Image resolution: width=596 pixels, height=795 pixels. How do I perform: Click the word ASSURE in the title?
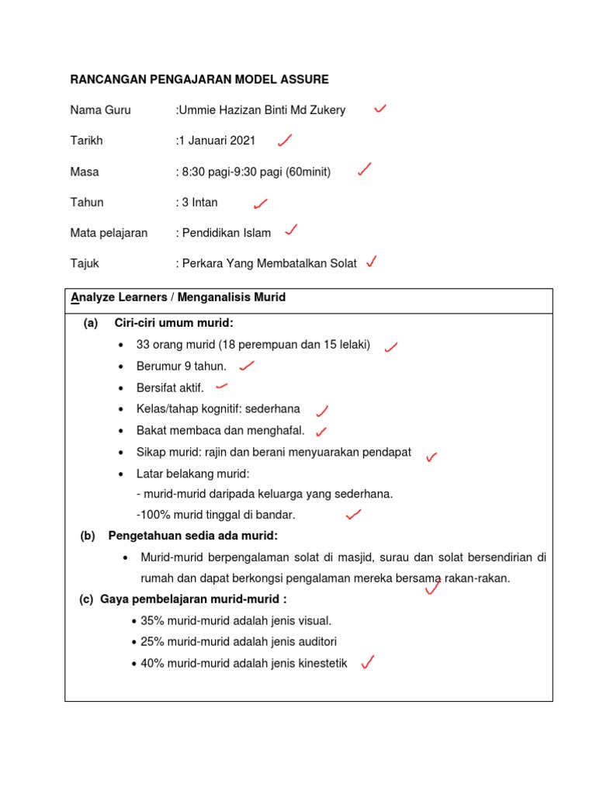[301, 79]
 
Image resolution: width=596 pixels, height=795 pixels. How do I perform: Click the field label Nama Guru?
[100, 110]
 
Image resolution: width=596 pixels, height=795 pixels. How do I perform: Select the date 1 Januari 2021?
[217, 141]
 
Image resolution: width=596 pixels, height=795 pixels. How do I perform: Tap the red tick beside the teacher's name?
[380, 109]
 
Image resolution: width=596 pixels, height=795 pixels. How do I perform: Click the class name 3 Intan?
[199, 203]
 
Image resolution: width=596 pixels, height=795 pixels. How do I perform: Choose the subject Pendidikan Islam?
[226, 233]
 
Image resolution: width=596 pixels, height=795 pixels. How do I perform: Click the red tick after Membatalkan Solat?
[372, 262]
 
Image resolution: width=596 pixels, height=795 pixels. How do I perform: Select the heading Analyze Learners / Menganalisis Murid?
[178, 297]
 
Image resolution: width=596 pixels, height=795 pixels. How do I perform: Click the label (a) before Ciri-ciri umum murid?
[91, 323]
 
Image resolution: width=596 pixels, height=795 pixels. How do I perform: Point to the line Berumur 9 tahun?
[182, 366]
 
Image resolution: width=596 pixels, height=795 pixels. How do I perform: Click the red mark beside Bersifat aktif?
[221, 385]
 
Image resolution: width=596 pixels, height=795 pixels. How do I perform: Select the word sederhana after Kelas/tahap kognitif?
[272, 409]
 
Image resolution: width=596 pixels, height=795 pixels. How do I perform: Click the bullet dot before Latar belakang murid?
[121, 474]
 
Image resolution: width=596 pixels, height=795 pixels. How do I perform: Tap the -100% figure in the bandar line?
[151, 515]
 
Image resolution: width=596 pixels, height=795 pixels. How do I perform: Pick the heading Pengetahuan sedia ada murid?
[192, 536]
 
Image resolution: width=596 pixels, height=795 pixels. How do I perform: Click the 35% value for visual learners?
[152, 620]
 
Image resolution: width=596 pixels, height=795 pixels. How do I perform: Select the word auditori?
[314, 642]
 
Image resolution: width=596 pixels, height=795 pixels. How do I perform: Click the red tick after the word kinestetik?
[369, 662]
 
